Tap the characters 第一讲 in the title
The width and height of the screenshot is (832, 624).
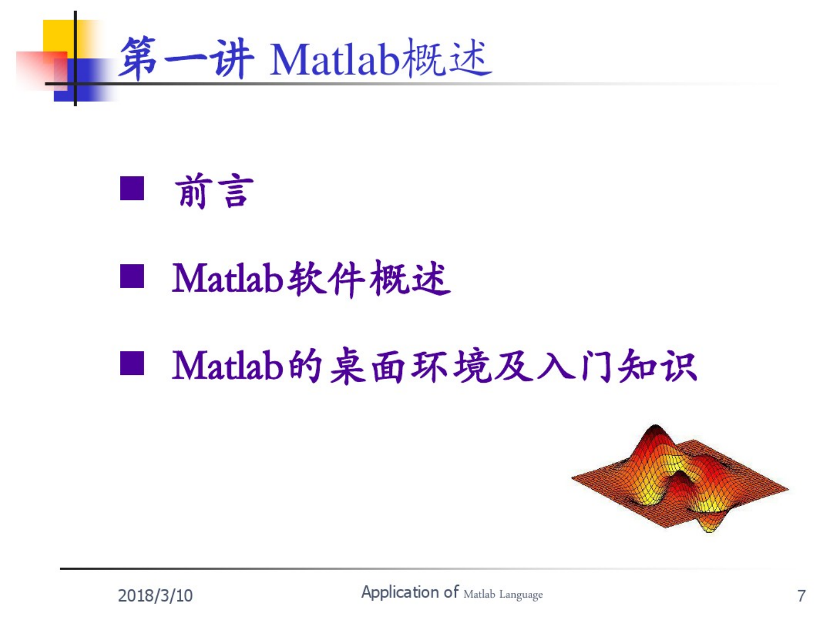tap(186, 58)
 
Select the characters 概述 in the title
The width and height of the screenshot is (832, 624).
tap(446, 58)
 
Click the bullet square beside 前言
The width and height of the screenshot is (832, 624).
tap(132, 188)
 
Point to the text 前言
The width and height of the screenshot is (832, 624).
tap(213, 191)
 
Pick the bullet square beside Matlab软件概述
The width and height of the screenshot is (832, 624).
tap(132, 276)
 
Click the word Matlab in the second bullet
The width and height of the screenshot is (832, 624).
tap(228, 278)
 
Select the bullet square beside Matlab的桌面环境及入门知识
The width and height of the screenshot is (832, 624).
tap(132, 363)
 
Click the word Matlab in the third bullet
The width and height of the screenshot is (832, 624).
tap(228, 365)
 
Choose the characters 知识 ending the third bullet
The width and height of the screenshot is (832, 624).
tap(657, 365)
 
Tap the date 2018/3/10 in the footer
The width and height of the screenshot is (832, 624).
tap(155, 595)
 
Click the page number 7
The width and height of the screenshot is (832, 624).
tap(801, 595)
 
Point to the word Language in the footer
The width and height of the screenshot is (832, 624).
tap(521, 595)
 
